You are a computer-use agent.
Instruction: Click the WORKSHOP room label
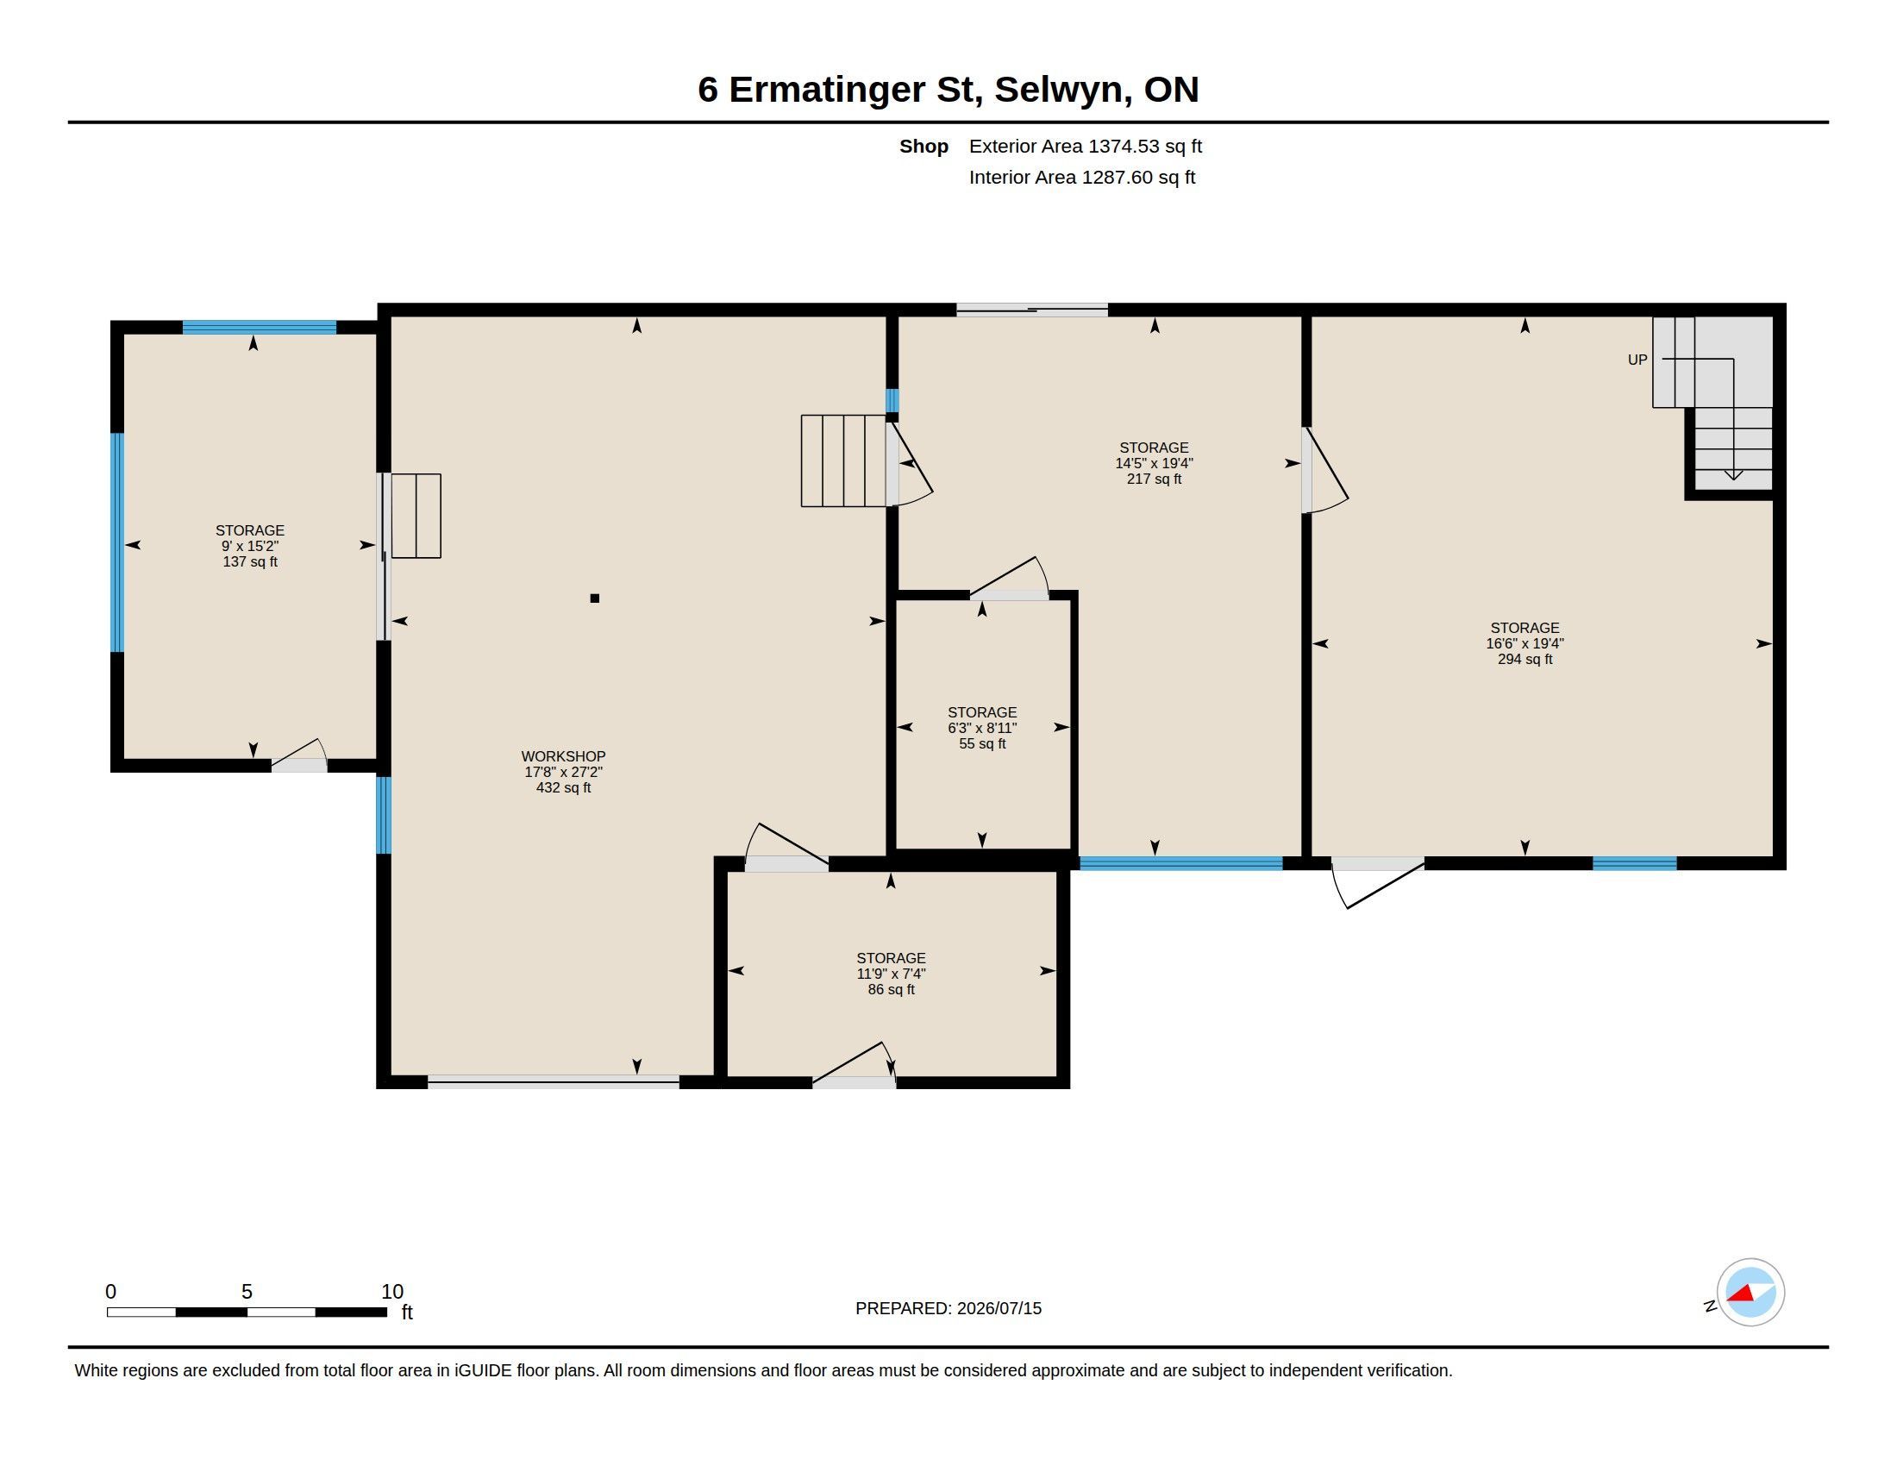[563, 756]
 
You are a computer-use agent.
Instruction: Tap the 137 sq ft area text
[250, 562]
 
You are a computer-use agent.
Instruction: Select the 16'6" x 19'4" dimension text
[1524, 643]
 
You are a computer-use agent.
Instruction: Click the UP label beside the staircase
[1637, 360]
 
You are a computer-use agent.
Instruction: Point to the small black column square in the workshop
[595, 598]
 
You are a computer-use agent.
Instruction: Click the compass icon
[1750, 1293]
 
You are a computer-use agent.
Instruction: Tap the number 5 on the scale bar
[247, 1292]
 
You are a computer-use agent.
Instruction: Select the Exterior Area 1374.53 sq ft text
[1086, 146]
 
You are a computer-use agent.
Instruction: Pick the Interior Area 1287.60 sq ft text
[1082, 177]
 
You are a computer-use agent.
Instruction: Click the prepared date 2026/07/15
[999, 1308]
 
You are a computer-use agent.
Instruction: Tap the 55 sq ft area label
[982, 743]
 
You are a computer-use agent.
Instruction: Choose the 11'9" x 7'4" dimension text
[892, 974]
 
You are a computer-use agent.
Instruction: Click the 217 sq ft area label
[1154, 479]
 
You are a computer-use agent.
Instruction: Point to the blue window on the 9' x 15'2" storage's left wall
[117, 542]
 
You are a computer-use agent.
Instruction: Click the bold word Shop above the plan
[923, 146]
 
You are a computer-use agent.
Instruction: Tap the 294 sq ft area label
[1524, 659]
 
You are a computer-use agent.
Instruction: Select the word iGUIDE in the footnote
[483, 1370]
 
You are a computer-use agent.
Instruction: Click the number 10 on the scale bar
[391, 1292]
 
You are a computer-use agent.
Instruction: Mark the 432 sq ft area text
[563, 787]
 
